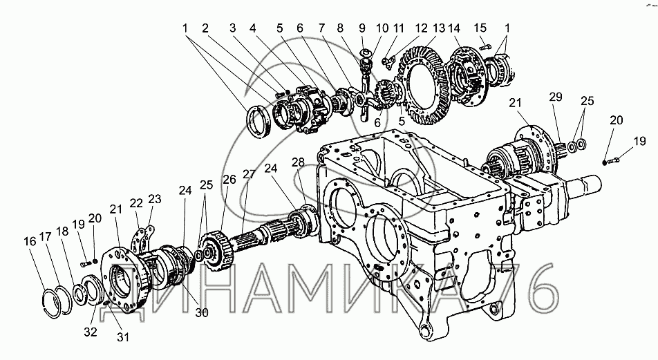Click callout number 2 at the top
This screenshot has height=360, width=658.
205,28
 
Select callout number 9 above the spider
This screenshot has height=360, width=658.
361,28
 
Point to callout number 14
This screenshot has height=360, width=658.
454,28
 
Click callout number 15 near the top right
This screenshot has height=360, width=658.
481,28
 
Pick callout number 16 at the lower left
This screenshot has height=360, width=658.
30,242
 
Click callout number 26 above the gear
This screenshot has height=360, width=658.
229,179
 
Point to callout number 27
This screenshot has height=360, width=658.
247,174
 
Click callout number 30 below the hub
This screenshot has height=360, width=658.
201,312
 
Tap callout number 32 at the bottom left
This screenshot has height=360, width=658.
91,332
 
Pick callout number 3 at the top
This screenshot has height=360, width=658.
233,28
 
